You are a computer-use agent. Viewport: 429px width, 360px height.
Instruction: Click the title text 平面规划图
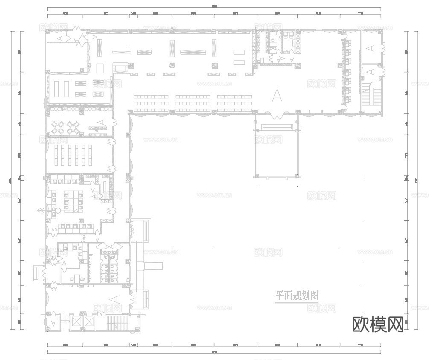pyautogui.click(x=297, y=295)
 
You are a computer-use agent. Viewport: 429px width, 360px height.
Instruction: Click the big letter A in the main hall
pyautogui.click(x=277, y=95)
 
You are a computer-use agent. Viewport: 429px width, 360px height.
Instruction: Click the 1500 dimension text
pyautogui.click(x=85, y=238)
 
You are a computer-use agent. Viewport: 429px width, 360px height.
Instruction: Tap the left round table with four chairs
pyautogui.click(x=59, y=127)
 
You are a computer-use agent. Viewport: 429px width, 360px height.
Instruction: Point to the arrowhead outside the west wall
pyautogui.click(x=39, y=211)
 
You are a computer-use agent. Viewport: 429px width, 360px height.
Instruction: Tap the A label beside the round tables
pyautogui.click(x=102, y=123)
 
